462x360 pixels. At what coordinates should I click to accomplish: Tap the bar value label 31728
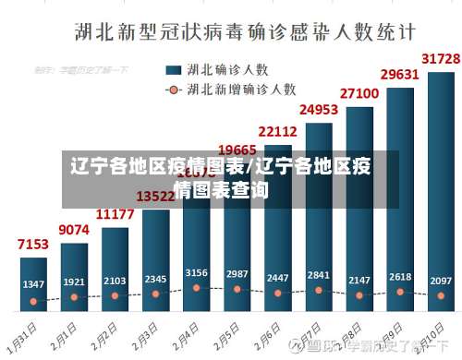pyautogui.click(x=441, y=58)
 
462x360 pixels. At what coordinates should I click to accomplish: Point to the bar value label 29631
pyautogui.click(x=399, y=74)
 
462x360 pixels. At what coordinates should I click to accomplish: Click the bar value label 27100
pyautogui.click(x=359, y=93)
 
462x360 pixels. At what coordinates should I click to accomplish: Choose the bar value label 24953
pyautogui.click(x=318, y=110)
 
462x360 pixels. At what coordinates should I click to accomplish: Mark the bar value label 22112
pyautogui.click(x=277, y=131)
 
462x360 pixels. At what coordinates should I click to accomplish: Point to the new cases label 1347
pyautogui.click(x=33, y=283)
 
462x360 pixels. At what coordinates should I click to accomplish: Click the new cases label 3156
pyautogui.click(x=196, y=272)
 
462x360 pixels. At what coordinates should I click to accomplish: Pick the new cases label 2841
pyautogui.click(x=318, y=274)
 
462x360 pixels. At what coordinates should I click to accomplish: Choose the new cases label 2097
pyautogui.click(x=441, y=280)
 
